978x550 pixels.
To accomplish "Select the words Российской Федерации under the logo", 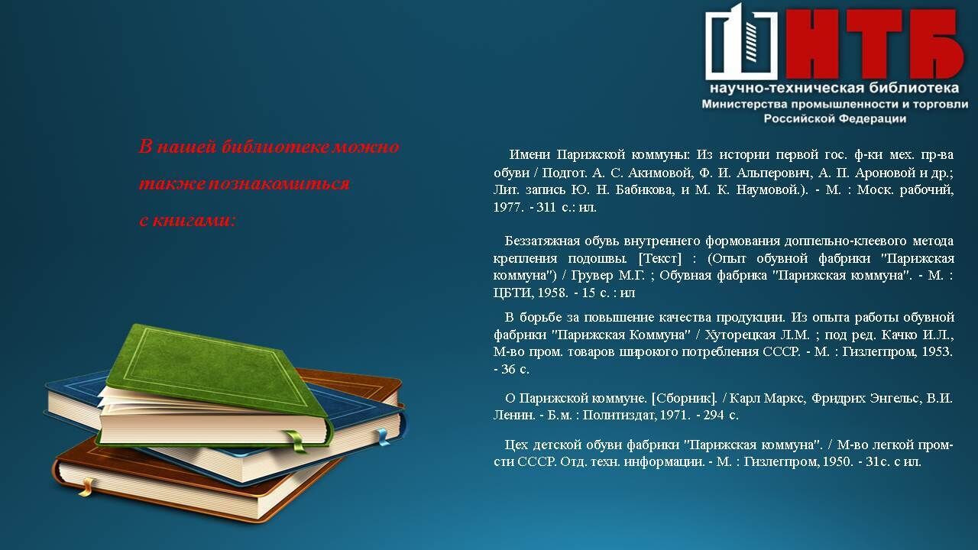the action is point(835,118).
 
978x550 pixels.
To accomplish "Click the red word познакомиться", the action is point(279,184).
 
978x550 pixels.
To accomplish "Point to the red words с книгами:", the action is point(187,221).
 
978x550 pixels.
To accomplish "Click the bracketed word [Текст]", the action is point(659,258).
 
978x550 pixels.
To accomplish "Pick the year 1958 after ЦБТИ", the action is point(551,293).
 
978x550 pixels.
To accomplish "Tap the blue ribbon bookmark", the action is point(383,436).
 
